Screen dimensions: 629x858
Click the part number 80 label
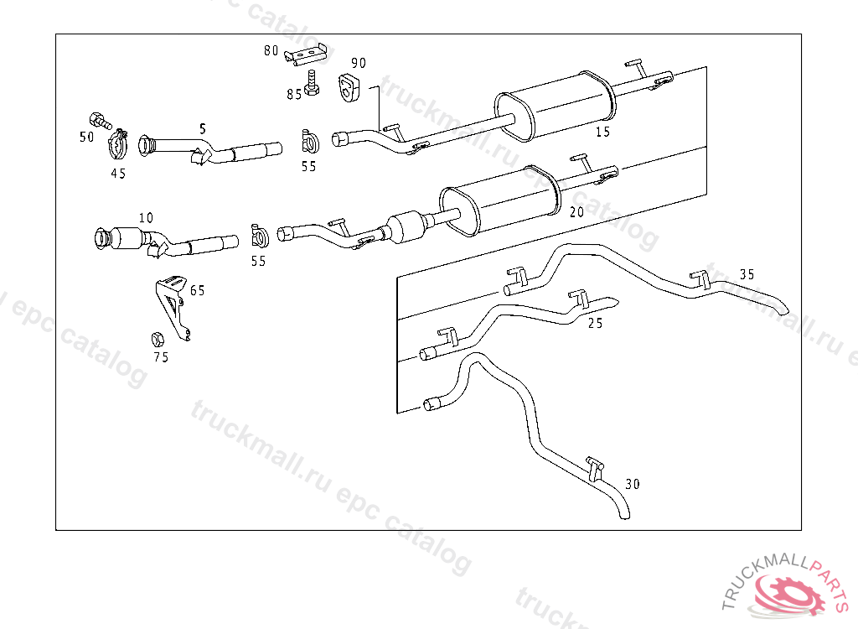(271, 50)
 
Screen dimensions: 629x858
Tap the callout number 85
(294, 95)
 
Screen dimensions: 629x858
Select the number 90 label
(359, 63)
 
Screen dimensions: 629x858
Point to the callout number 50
(86, 137)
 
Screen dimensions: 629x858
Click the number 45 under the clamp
(118, 174)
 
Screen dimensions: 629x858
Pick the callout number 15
(603, 132)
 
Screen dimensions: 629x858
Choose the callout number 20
(576, 212)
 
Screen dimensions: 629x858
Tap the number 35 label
(747, 274)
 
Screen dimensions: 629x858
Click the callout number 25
(595, 323)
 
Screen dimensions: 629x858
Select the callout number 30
(633, 484)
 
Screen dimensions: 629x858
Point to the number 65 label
(198, 291)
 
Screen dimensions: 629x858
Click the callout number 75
(161, 357)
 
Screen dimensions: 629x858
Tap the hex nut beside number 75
(156, 339)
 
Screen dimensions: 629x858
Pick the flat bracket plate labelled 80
(306, 55)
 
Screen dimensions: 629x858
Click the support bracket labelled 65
(173, 307)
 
